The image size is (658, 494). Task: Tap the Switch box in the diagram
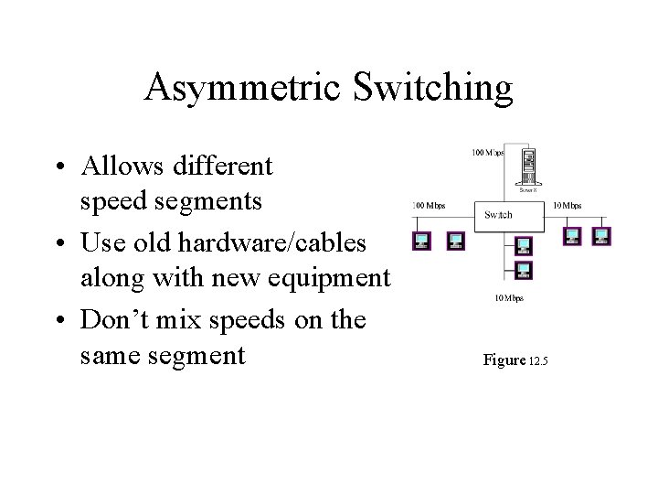(498, 214)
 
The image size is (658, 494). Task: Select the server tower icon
(525, 167)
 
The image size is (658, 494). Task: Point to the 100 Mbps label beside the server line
(487, 152)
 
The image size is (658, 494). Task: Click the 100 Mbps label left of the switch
(429, 206)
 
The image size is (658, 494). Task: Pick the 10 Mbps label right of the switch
(567, 206)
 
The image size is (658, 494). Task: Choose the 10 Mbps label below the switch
(508, 298)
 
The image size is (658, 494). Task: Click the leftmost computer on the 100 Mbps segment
(422, 240)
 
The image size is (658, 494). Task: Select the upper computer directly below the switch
(523, 245)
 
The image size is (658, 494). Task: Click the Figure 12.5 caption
(515, 360)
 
